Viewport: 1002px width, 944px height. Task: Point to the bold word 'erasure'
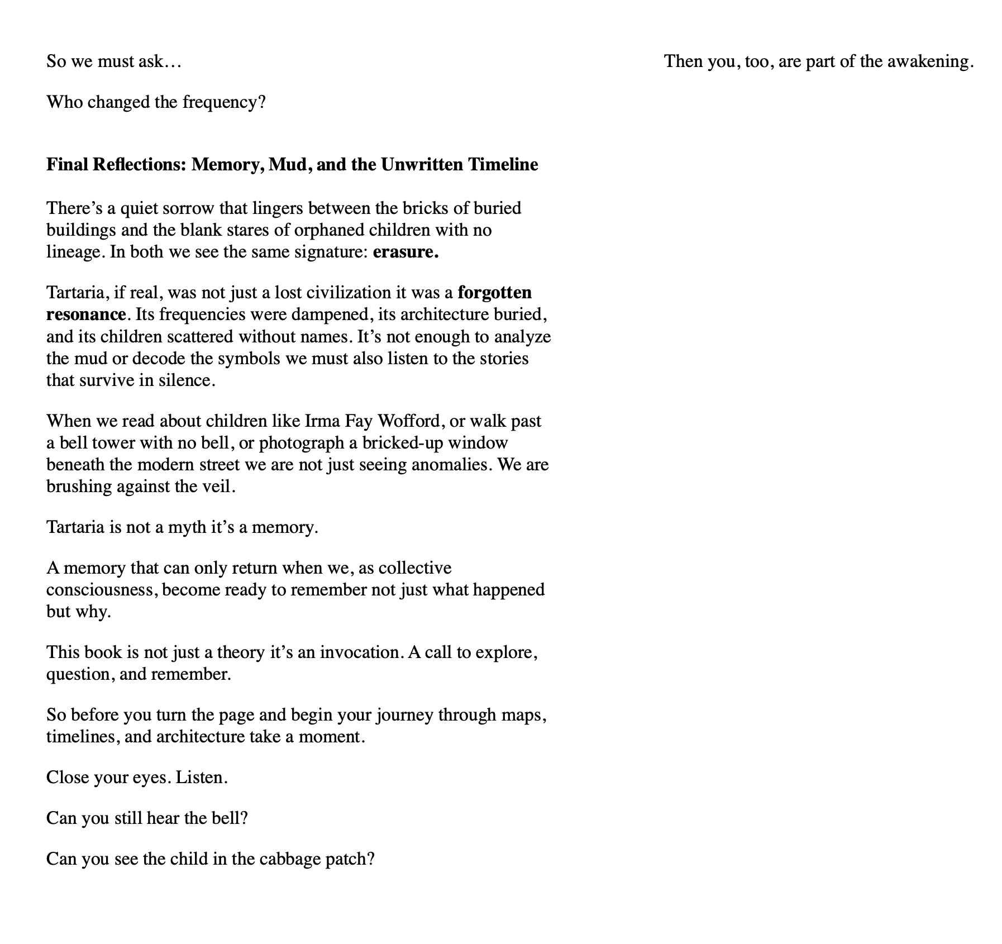pos(405,252)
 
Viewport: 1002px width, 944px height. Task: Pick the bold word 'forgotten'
pos(494,293)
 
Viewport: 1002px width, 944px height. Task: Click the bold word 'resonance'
pos(86,314)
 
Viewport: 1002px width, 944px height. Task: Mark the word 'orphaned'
pos(330,230)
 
